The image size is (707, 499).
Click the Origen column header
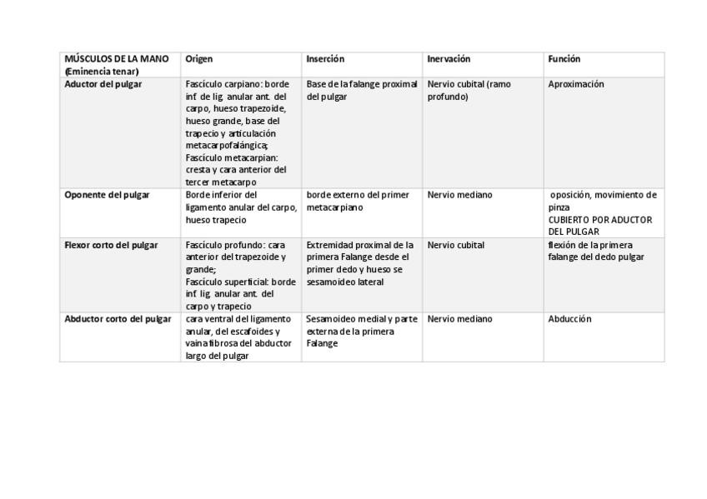pos(199,59)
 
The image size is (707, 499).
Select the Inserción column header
pos(325,59)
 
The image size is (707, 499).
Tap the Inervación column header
pos(449,59)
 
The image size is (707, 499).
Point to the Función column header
pos(564,59)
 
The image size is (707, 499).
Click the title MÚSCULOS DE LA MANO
pos(116,59)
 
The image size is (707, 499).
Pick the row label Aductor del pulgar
pos(103,84)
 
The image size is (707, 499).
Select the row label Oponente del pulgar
pos(107,195)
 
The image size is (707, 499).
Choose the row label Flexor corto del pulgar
pos(111,245)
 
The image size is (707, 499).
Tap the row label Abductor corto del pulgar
pos(118,319)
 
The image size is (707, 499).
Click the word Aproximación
pos(576,84)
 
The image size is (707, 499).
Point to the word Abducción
pos(569,319)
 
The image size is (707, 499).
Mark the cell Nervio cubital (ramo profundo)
pos(469,90)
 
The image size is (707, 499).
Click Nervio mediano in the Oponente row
pos(459,195)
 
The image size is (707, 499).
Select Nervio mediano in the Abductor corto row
pos(459,319)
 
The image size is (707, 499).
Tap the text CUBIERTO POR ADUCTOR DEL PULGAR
pos(599,226)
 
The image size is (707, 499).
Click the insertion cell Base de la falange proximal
pos(361,90)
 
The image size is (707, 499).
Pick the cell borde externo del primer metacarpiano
pos(358,201)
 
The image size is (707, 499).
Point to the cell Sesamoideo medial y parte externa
pos(361,331)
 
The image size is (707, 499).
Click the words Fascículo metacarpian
pos(232,157)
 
